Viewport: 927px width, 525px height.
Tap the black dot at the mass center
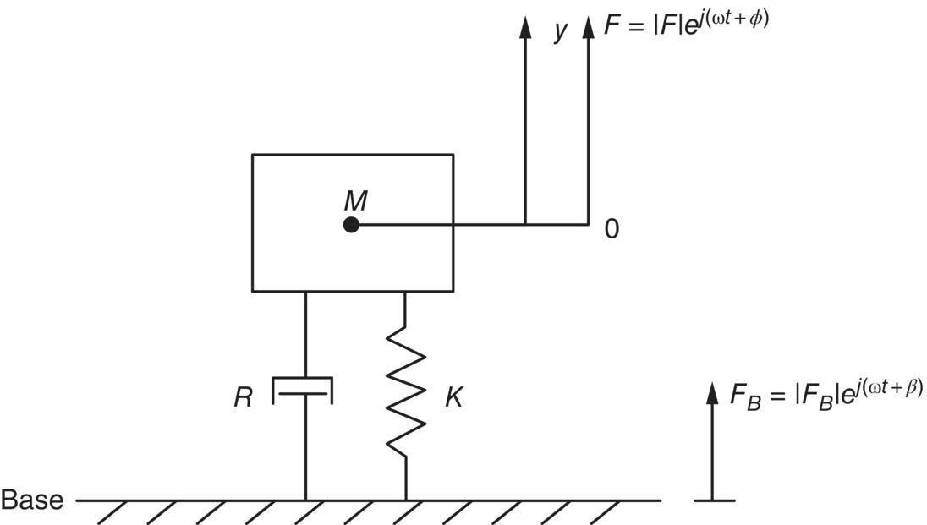[352, 225]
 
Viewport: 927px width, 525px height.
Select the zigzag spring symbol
[406, 392]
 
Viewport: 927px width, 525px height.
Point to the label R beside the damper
[244, 398]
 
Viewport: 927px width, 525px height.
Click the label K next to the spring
[453, 398]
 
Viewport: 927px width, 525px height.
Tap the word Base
[32, 500]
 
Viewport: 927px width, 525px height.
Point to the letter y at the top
[559, 30]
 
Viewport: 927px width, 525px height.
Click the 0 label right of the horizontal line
[612, 229]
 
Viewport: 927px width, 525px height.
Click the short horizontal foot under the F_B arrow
[714, 500]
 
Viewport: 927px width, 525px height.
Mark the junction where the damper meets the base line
[305, 500]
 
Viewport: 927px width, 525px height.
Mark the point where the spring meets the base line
[406, 500]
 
